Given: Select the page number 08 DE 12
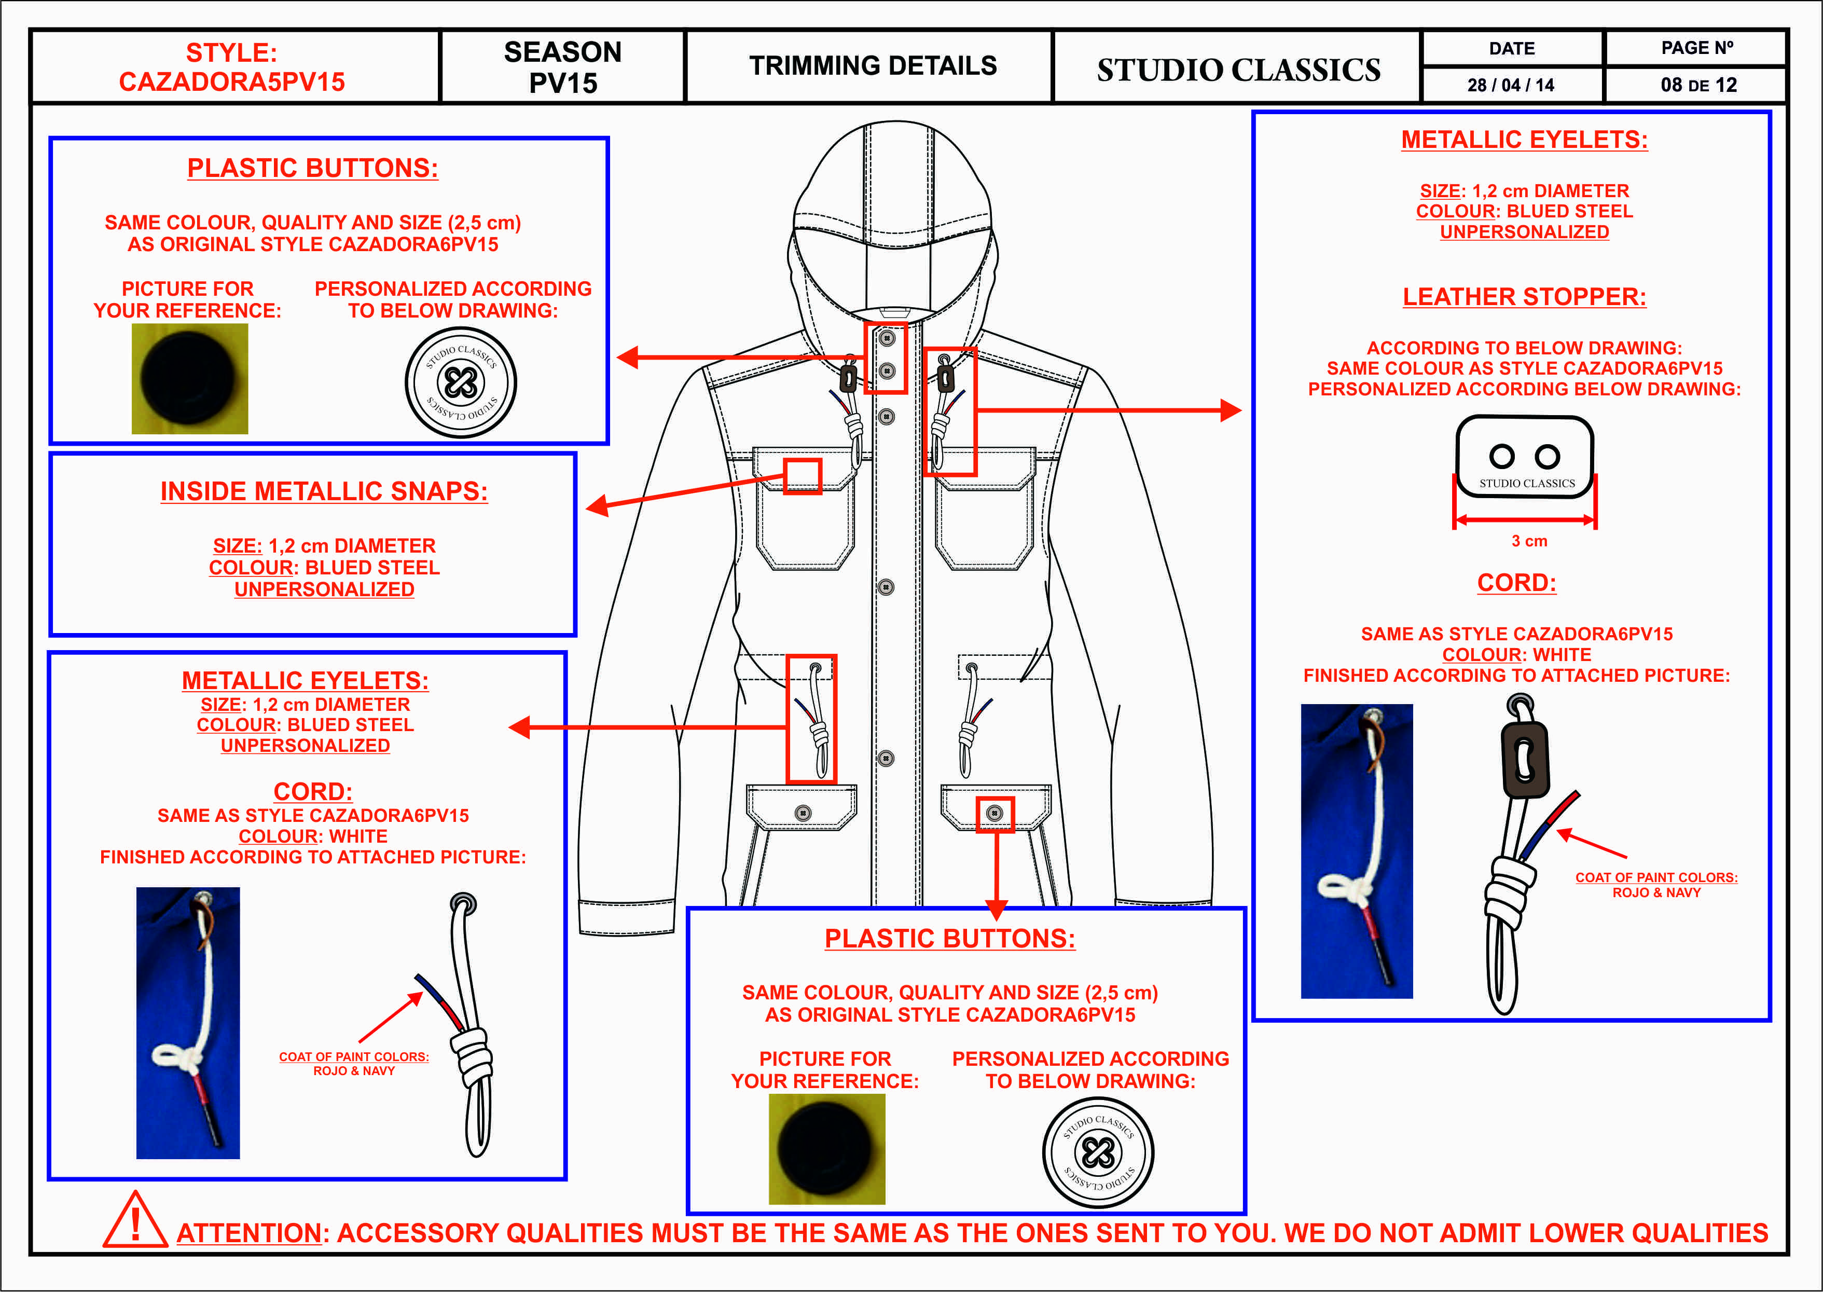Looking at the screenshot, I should (x=1698, y=85).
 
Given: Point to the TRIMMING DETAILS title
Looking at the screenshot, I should (x=873, y=66).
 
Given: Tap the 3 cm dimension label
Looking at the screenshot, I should (x=1529, y=541).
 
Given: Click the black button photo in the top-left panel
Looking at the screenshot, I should (x=189, y=379).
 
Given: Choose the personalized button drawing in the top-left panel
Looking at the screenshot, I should (x=461, y=382).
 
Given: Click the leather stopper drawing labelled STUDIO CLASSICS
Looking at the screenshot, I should (x=1525, y=457).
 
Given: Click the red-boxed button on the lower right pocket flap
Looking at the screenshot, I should (x=994, y=813).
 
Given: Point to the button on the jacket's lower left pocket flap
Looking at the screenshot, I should (x=803, y=813).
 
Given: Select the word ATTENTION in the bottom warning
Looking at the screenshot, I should (x=249, y=1233).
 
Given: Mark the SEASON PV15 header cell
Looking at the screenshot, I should (x=562, y=67).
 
